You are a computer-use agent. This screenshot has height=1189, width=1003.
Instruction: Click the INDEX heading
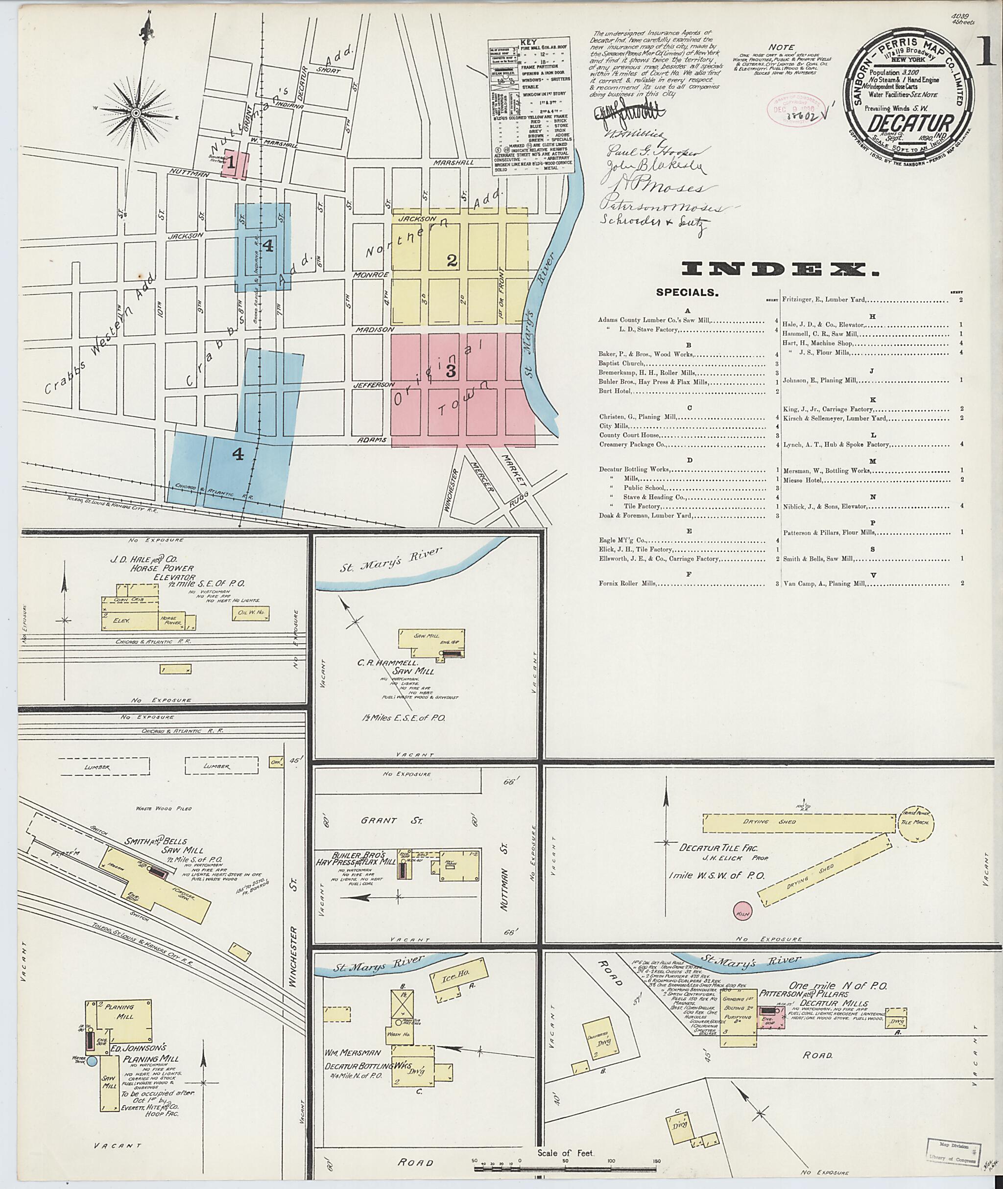click(x=780, y=269)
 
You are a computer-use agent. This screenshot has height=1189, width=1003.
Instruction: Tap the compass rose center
click(x=137, y=113)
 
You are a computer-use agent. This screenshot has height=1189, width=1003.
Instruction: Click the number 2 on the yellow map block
click(x=452, y=261)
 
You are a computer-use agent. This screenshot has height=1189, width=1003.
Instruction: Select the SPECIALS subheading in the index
click(x=687, y=293)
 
